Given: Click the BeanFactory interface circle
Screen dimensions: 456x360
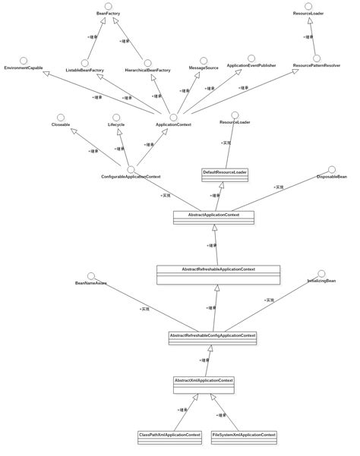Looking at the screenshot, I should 108,6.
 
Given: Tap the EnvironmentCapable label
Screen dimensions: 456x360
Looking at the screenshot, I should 23,68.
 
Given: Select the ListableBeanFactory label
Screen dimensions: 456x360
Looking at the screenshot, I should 84,70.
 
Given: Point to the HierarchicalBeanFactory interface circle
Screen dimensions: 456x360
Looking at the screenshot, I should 147,63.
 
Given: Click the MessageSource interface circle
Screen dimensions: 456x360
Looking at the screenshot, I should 204,61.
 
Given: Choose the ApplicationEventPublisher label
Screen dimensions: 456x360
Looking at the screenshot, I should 251,66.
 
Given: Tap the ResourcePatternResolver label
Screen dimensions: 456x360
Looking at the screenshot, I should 316,66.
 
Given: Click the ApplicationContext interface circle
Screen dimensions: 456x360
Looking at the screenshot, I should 173,117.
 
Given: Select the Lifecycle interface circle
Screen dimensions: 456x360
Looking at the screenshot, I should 116,117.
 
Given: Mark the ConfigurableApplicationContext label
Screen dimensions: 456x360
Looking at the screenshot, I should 131,177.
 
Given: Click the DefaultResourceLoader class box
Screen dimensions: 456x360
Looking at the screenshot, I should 225,175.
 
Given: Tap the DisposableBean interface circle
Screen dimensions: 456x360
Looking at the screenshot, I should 332,170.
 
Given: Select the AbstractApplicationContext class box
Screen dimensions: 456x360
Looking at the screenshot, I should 213,217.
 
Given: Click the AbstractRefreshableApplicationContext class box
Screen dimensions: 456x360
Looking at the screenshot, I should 218,274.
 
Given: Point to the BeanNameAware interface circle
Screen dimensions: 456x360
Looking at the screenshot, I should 91,276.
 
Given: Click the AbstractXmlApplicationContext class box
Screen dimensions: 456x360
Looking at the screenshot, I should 204,384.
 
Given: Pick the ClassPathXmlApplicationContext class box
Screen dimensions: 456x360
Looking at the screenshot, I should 169,437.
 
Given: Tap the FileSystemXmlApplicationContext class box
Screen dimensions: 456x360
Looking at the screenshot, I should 244,437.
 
